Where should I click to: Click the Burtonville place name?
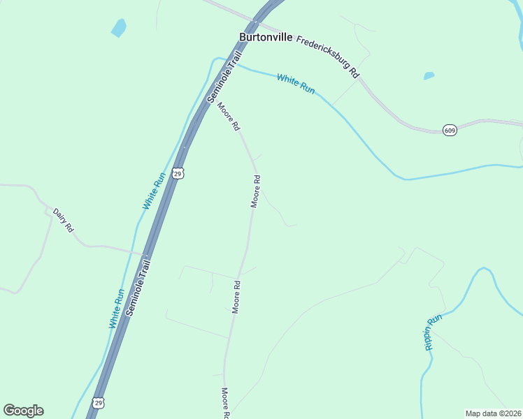[x=266, y=37]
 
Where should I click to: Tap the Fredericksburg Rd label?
[x=327, y=55]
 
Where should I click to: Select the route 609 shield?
[x=450, y=131]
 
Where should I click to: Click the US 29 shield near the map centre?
[x=178, y=173]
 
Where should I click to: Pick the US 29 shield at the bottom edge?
[x=99, y=403]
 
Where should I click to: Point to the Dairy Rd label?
[x=63, y=219]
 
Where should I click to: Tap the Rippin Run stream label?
[x=433, y=332]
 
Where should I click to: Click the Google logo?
[x=23, y=411]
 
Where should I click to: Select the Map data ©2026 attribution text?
[x=492, y=413]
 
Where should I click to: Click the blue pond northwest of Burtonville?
[x=119, y=28]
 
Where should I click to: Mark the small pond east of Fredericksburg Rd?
[x=429, y=75]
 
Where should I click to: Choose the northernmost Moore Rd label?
[x=229, y=117]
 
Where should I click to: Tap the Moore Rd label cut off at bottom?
[x=225, y=404]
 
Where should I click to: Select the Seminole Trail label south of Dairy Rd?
[x=139, y=288]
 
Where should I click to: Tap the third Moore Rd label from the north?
[x=236, y=297]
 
